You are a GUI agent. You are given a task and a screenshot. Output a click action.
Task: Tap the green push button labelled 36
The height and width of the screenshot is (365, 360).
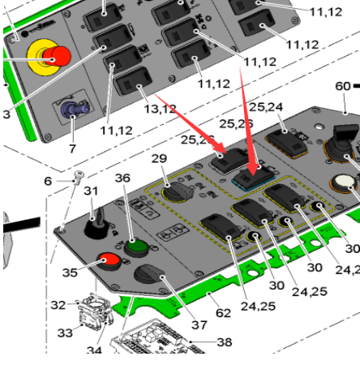tap(136, 247)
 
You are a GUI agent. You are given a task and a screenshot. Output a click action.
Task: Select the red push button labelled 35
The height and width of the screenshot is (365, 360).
tap(109, 261)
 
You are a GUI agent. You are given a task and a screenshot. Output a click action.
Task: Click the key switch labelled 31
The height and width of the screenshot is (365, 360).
tap(96, 225)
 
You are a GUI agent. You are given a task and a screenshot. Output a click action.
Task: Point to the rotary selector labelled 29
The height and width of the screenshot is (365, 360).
tap(178, 192)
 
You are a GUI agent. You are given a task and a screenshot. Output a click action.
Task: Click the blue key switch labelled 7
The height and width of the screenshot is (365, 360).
tap(75, 109)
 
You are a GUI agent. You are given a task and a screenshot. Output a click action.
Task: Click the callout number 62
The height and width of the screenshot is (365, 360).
tap(223, 313)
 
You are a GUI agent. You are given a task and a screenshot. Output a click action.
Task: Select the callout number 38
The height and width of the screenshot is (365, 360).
tap(225, 342)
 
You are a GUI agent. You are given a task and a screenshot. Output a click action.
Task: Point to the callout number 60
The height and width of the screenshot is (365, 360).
tap(343, 86)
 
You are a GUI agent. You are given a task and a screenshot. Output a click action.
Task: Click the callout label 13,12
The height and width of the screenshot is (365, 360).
tap(160, 109)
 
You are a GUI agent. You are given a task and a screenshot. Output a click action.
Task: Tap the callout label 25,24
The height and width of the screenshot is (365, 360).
tap(266, 107)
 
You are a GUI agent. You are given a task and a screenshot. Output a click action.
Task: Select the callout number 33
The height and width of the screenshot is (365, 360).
tap(65, 333)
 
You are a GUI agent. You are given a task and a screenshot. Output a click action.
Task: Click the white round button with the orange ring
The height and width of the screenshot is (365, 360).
tap(344, 182)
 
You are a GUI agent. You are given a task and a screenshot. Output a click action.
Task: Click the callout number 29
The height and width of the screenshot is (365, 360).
tap(159, 158)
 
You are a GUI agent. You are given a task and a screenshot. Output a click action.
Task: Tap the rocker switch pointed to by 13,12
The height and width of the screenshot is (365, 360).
tap(133, 81)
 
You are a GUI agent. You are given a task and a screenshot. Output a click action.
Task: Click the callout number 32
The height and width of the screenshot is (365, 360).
tap(58, 305)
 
